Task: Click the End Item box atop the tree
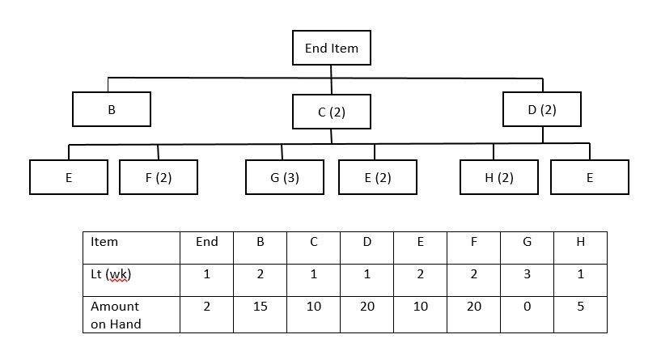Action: point(331,49)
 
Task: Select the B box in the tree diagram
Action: point(112,109)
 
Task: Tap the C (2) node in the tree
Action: point(331,112)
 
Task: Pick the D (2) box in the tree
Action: point(541,109)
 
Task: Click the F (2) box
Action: point(159,177)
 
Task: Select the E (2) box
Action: point(377,177)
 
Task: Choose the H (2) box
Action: point(499,177)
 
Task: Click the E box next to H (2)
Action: point(589,177)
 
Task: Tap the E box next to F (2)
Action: point(69,177)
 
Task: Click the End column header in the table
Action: point(207,242)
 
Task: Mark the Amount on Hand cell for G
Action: point(527,307)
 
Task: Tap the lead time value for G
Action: point(527,274)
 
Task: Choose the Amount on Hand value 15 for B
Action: point(261,307)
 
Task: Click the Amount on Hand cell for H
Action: point(579,307)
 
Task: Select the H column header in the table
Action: point(579,242)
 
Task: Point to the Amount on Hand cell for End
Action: point(207,307)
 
